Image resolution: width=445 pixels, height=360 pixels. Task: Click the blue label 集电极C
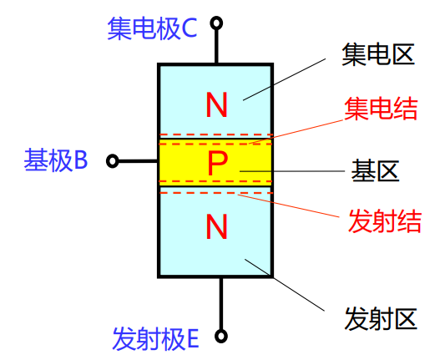pos(152,28)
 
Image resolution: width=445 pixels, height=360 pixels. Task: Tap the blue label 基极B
pos(56,160)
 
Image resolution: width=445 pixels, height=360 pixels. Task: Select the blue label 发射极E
pos(155,338)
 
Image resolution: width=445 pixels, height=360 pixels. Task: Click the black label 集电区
pos(378,54)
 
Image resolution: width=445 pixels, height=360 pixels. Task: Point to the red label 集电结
pos(381,109)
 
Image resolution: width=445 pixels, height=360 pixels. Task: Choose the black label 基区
pos(375,170)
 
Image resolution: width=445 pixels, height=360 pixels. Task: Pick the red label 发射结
pos(385,221)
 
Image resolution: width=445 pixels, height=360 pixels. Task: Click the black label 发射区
pos(381,319)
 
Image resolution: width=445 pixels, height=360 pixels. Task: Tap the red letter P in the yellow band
pos(217,163)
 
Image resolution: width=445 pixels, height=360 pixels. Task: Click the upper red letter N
pos(216,104)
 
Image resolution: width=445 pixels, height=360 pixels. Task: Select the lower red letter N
pos(216,226)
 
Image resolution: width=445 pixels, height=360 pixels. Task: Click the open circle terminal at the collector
pos(216,23)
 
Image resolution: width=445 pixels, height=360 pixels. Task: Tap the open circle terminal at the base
pos(113,161)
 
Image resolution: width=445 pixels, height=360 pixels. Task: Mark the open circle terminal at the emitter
pos(221,336)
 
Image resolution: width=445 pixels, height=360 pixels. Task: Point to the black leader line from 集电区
pos(284,79)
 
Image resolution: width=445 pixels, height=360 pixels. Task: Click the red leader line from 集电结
pos(296,132)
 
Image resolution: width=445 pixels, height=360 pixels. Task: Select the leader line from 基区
pos(292,171)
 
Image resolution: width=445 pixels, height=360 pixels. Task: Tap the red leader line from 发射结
pos(289,205)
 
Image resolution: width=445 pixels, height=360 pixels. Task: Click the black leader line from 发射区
pos(285,285)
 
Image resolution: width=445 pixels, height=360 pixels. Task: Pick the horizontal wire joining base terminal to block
pos(138,161)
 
